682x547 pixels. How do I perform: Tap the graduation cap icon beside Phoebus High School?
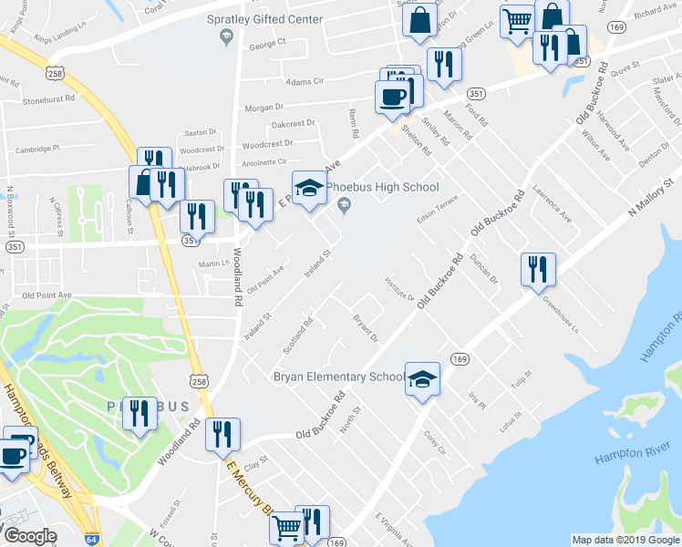click(308, 189)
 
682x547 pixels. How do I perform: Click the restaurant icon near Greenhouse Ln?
click(537, 268)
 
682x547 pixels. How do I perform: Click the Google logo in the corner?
click(29, 536)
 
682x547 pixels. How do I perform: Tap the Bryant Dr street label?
click(365, 328)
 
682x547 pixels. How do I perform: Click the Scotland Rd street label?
click(299, 335)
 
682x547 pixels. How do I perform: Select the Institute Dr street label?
click(399, 290)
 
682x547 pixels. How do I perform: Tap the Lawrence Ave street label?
click(553, 206)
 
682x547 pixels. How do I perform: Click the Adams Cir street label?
click(305, 80)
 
